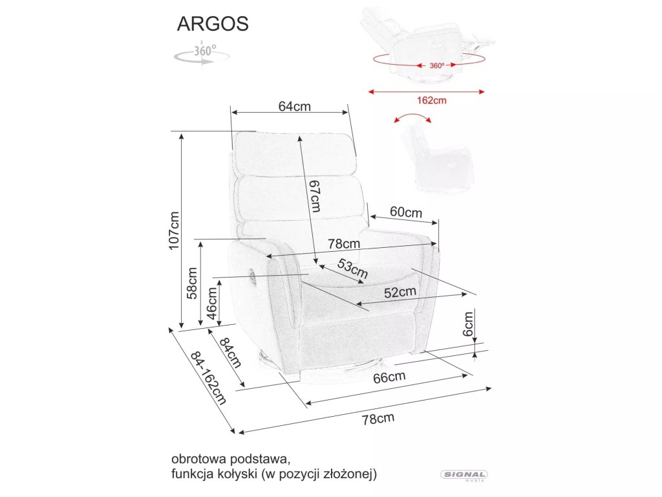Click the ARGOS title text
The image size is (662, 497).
(213, 23)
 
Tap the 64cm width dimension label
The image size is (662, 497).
(295, 107)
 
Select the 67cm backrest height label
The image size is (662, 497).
(314, 195)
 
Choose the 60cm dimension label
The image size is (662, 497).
(405, 212)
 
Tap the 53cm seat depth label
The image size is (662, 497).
(352, 269)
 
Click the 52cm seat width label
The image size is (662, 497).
(400, 293)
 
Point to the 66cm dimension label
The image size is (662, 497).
(389, 377)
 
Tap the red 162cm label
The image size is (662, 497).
(432, 100)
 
